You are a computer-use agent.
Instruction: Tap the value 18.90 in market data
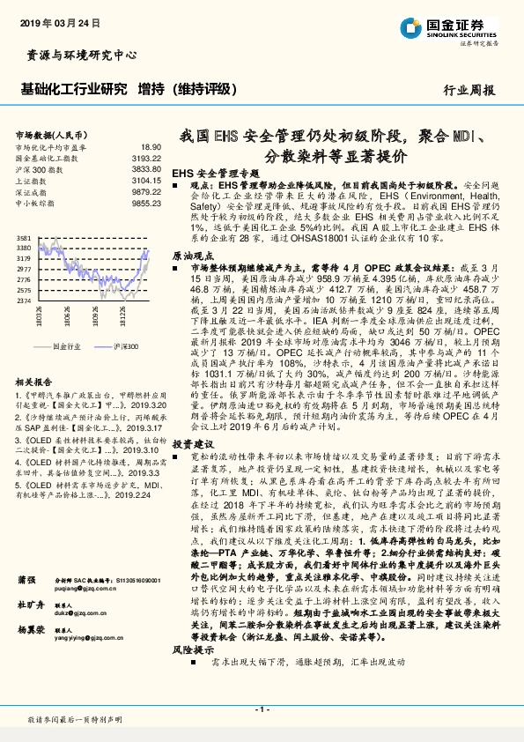click(x=151, y=146)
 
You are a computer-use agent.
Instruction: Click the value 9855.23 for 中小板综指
click(x=147, y=202)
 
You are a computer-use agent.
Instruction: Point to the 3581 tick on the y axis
click(x=24, y=239)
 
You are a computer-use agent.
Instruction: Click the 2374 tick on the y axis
click(x=24, y=301)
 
